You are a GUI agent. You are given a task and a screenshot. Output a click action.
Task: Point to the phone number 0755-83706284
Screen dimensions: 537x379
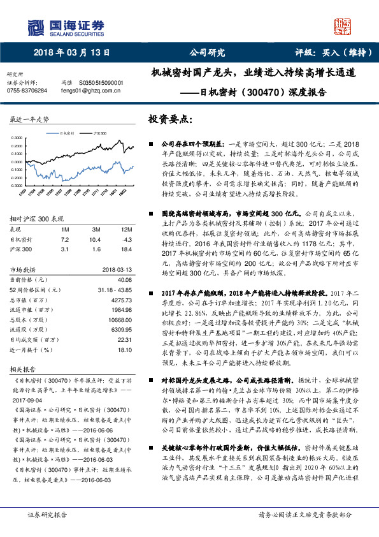tap(27, 91)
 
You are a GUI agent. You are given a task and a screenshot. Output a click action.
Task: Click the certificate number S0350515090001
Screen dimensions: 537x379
tap(101, 83)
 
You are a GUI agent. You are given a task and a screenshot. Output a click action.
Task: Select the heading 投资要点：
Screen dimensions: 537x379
tap(170, 119)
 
